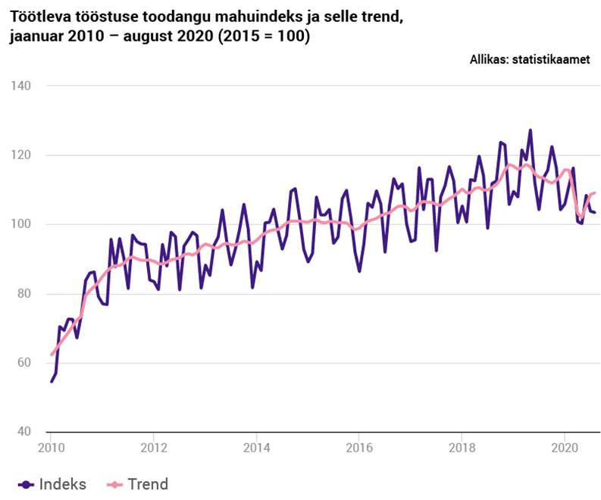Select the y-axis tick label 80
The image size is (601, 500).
(x=23, y=294)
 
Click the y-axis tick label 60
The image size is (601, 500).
(x=23, y=363)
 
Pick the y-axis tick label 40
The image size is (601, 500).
(x=23, y=432)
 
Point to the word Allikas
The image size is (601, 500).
(x=488, y=60)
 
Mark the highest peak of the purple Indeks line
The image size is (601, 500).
(x=530, y=130)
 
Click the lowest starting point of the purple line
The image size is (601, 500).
(x=51, y=381)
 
